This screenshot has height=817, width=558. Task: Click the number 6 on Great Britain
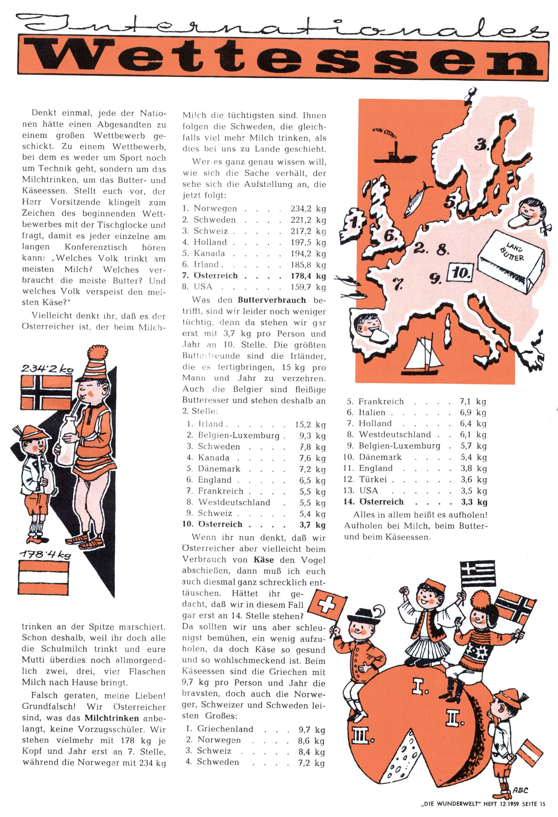pos(390,236)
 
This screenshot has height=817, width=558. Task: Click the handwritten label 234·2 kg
pos(47,368)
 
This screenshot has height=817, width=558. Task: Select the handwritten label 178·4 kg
pos(45,554)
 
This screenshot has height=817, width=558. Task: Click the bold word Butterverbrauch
pos(271,300)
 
